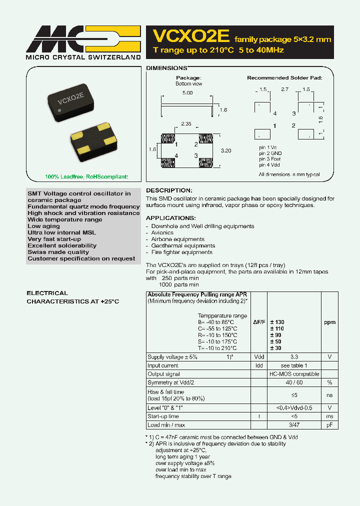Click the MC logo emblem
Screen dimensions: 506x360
coord(83,39)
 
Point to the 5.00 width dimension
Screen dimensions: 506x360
coord(187,93)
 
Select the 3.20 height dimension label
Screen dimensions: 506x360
coord(226,150)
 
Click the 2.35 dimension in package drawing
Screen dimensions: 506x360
coord(185,123)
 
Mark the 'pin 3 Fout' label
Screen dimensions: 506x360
coord(269,158)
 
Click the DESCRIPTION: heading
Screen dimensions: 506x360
coord(168,190)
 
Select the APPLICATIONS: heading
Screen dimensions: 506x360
coord(170,218)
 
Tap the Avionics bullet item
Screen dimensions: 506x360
coord(162,232)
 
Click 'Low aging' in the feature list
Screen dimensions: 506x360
coord(43,226)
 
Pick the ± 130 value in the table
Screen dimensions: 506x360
coord(277,322)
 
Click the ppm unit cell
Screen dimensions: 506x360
coord(329,322)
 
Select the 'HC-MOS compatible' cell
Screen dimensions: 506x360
coord(294,374)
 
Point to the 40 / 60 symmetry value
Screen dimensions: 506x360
coord(294,382)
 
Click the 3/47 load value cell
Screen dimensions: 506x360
coord(294,425)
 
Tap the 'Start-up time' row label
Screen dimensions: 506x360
coord(163,416)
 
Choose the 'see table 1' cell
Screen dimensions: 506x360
coord(294,365)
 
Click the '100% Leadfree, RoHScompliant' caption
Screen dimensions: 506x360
coord(79,176)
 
